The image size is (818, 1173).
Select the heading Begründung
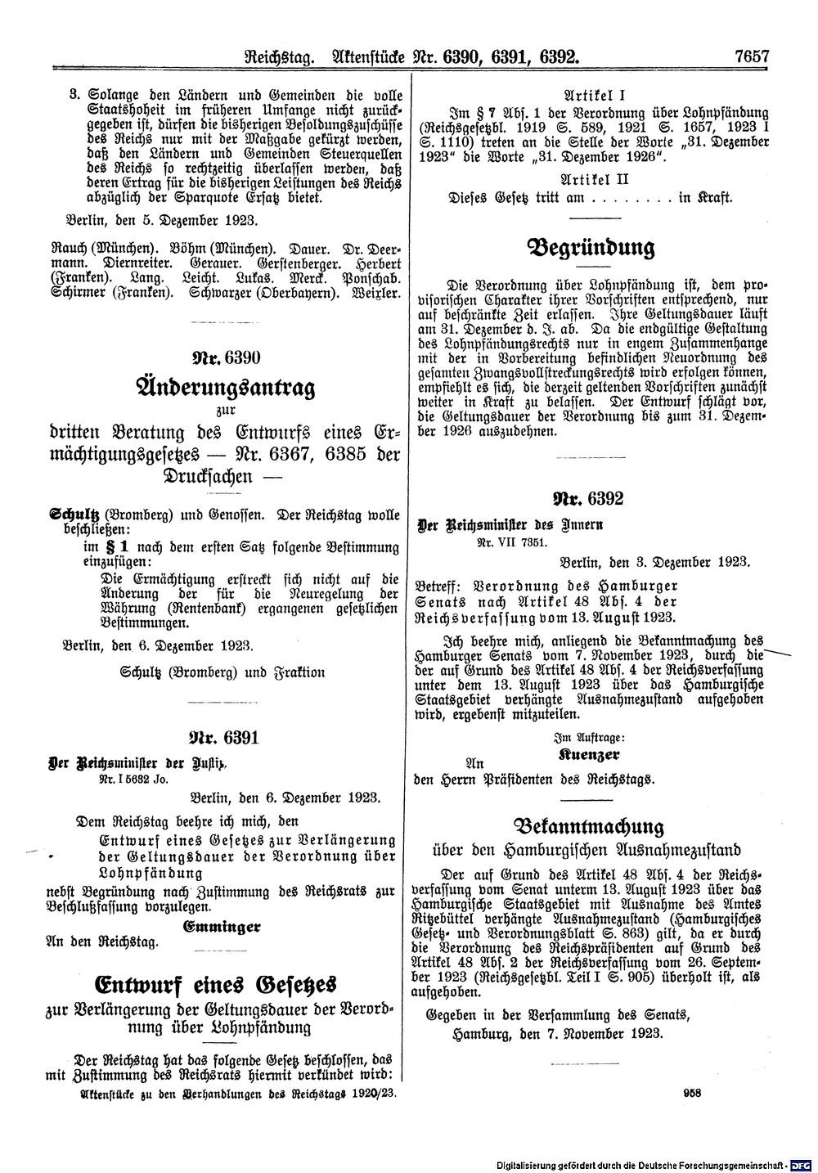pyautogui.click(x=593, y=247)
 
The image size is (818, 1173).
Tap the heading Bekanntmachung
pyautogui.click(x=594, y=825)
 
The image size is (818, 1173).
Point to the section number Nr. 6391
pyautogui.click(x=223, y=739)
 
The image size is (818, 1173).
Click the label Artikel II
pyautogui.click(x=593, y=177)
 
